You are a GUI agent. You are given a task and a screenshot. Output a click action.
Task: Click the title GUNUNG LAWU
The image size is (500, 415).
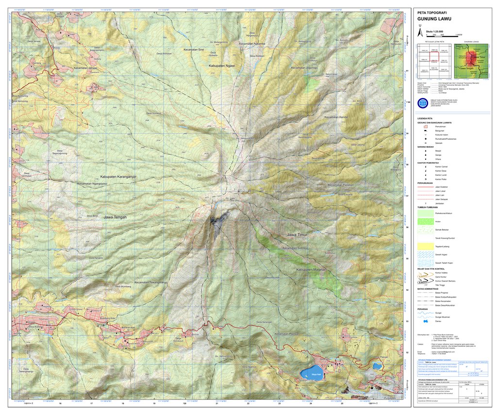pyautogui.click(x=435, y=19)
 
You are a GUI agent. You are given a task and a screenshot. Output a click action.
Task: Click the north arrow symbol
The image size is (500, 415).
pyautogui.click(x=420, y=32)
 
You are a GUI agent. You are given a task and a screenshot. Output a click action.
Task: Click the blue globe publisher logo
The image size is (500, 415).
pyautogui.click(x=422, y=103)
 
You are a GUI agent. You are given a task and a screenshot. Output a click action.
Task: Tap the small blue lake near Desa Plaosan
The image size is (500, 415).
pyautogui.click(x=377, y=365)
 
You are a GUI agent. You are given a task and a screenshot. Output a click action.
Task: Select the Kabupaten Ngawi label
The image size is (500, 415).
pyautogui.click(x=222, y=65)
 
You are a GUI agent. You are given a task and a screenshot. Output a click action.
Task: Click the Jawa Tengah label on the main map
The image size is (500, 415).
pyautogui.click(x=115, y=217)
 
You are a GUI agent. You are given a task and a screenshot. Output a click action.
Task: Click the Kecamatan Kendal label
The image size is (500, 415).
pyautogui.click(x=337, y=117)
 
